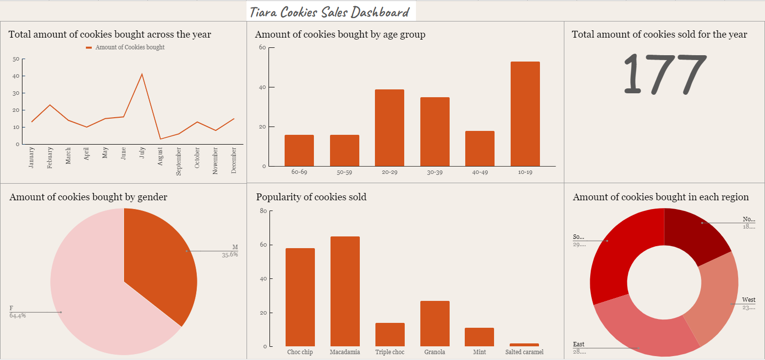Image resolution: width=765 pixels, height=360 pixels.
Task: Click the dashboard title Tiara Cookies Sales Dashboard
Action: (x=331, y=12)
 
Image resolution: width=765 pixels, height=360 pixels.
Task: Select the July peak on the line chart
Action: (x=142, y=74)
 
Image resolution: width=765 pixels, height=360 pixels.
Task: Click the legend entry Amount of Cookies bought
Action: (x=129, y=47)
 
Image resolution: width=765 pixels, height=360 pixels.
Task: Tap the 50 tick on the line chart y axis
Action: (x=16, y=59)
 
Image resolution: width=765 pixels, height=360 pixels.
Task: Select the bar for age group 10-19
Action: (x=525, y=114)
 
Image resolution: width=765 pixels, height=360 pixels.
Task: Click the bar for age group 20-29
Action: (x=389, y=127)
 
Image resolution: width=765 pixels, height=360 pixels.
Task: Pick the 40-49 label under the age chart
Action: (x=479, y=172)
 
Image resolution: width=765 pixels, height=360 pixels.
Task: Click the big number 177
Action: (x=664, y=73)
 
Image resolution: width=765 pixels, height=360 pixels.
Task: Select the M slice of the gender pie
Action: (x=161, y=259)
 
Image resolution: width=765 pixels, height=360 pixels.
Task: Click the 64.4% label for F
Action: (x=18, y=316)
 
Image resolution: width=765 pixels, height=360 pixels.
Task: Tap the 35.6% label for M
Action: (x=229, y=254)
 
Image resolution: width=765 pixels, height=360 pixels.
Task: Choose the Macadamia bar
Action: (x=345, y=291)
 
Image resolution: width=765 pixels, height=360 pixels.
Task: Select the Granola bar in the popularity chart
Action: (x=434, y=323)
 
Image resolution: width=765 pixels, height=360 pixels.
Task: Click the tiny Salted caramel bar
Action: (x=524, y=345)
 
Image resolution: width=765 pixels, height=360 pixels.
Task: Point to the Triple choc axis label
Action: (x=390, y=352)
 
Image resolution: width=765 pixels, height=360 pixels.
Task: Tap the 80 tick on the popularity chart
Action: (x=263, y=211)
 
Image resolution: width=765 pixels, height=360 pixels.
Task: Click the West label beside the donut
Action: (x=748, y=300)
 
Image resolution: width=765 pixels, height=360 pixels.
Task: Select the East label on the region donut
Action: (x=579, y=344)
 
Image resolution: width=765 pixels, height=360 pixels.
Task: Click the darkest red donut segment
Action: (x=696, y=235)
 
